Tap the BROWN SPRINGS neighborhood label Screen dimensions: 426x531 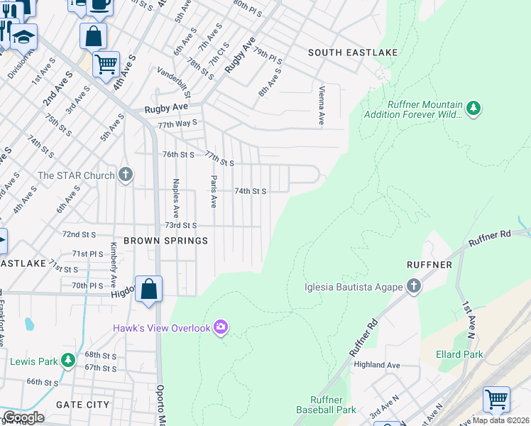pos(165,241)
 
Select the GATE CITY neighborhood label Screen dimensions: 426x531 pos(83,405)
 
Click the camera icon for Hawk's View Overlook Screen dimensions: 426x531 pos(221,327)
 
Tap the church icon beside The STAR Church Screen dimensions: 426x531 pos(126,175)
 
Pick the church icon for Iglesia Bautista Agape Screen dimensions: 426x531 pos(414,287)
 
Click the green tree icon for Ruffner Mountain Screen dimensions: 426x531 pos(473,109)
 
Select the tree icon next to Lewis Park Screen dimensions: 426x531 pos(67,361)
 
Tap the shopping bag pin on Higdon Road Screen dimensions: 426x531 pos(148,290)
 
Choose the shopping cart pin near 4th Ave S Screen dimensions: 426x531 pos(106,65)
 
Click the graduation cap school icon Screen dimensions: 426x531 pos(23,37)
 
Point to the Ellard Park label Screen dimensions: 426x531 pos(461,354)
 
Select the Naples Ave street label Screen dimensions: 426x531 pos(175,199)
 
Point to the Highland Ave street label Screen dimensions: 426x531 pos(377,365)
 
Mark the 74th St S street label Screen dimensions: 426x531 pos(251,191)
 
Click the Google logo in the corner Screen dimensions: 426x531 pos(23,417)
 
